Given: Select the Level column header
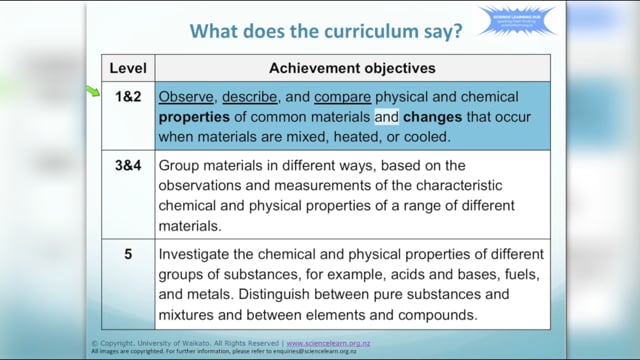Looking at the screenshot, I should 128,69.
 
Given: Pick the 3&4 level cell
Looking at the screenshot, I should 129,164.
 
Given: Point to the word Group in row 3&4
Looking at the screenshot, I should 181,164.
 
